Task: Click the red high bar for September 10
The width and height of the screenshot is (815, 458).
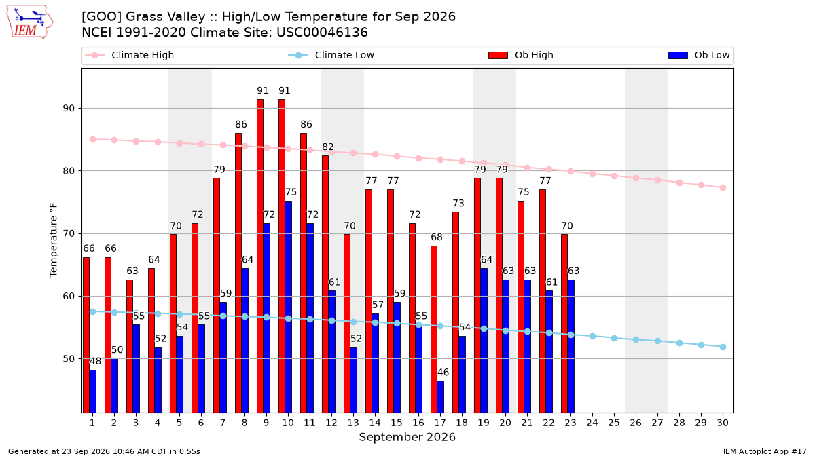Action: (282, 256)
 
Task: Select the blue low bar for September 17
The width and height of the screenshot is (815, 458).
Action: (441, 396)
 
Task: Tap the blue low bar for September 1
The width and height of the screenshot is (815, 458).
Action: (93, 391)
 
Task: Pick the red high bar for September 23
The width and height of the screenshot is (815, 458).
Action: (564, 324)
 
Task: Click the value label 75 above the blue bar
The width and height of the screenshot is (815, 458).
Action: (291, 192)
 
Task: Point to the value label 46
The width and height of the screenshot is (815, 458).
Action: (443, 373)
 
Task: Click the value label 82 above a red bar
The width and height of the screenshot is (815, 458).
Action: (328, 147)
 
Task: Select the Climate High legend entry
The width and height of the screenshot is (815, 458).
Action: (129, 55)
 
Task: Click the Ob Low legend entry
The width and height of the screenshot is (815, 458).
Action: (699, 55)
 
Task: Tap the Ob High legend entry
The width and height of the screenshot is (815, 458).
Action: (521, 55)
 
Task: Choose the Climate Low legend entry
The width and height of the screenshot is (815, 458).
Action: (331, 55)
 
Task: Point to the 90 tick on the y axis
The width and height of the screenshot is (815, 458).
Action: (69, 109)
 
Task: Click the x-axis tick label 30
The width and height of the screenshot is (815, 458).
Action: (723, 423)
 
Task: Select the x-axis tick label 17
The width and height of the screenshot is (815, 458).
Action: (440, 423)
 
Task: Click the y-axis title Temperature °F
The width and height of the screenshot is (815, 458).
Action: (54, 240)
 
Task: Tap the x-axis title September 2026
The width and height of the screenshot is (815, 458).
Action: (407, 437)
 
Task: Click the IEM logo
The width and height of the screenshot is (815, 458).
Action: (29, 22)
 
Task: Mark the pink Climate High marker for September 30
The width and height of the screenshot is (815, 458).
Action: (723, 187)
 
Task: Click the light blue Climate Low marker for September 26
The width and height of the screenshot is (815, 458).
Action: (636, 339)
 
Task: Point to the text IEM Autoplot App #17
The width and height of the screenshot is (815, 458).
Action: (765, 451)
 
